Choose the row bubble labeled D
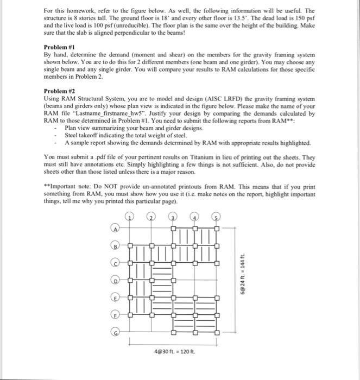click(116, 280)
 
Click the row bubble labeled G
click(116, 332)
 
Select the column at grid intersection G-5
click(217, 332)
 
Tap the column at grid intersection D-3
click(174, 280)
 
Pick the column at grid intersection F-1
click(130, 314)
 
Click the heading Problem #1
click(59, 47)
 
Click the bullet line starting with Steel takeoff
click(125, 135)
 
